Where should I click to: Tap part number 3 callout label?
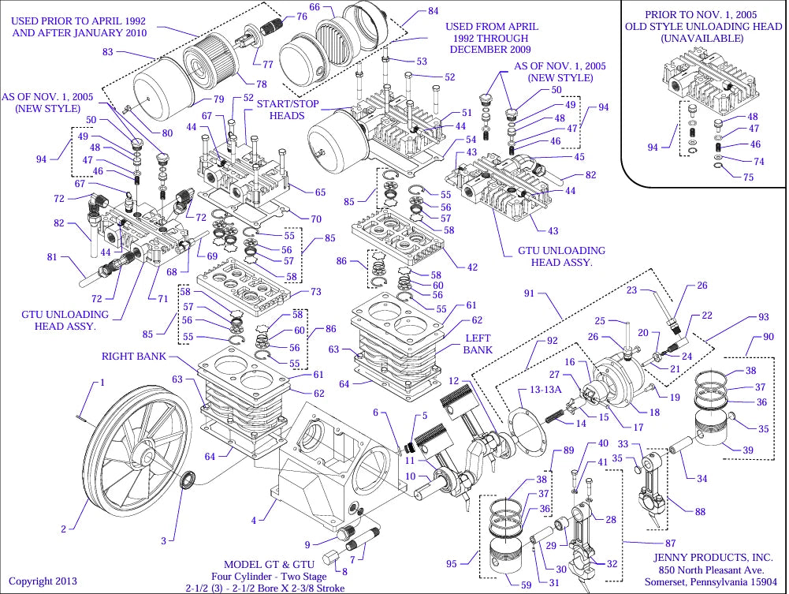pyautogui.click(x=164, y=541)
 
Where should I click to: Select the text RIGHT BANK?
pyautogui.click(x=134, y=357)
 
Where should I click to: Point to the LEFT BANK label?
pyautogui.click(x=478, y=344)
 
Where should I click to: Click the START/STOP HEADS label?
pyautogui.click(x=287, y=110)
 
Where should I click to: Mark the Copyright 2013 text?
pyautogui.click(x=43, y=581)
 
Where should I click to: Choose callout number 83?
pyautogui.click(x=108, y=52)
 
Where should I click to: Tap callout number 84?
pyautogui.click(x=433, y=12)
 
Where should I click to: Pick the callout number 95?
pyautogui.click(x=452, y=563)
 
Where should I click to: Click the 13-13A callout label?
pyautogui.click(x=546, y=390)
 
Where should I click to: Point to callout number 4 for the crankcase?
pyautogui.click(x=254, y=521)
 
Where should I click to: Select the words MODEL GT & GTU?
pyautogui.click(x=270, y=564)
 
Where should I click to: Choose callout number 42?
pyautogui.click(x=472, y=267)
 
